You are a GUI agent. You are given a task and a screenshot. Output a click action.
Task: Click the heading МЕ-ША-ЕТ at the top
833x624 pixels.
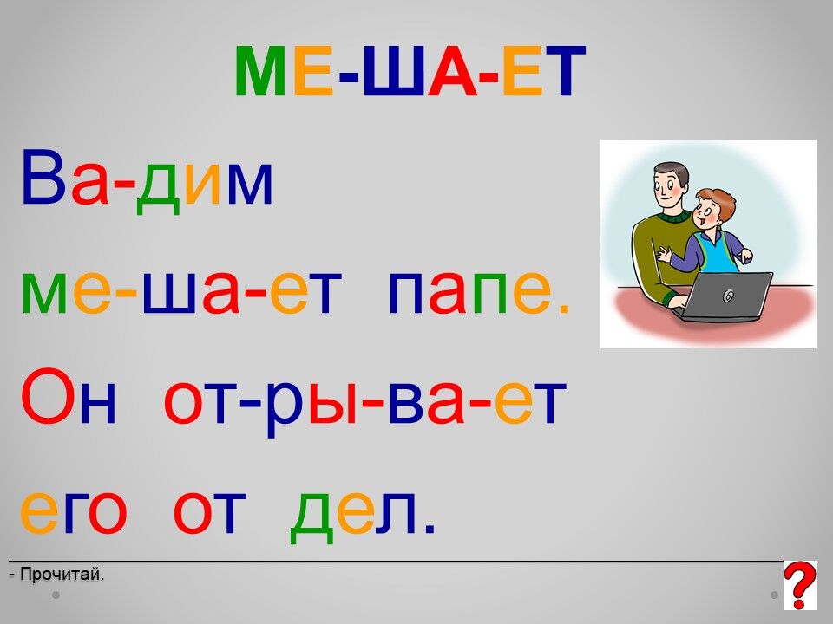click(410, 70)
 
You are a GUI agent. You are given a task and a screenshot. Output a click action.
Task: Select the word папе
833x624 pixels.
click(479, 292)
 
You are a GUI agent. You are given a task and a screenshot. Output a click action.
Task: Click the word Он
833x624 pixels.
click(68, 395)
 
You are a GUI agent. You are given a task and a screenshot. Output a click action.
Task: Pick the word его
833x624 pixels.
click(73, 512)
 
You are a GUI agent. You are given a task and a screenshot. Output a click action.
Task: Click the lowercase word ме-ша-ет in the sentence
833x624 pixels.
click(181, 292)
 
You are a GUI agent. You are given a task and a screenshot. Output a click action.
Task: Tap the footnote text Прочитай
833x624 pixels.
click(57, 574)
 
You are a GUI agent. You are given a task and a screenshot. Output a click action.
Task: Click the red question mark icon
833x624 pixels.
click(799, 585)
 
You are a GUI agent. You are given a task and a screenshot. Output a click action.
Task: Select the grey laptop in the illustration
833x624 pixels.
click(724, 296)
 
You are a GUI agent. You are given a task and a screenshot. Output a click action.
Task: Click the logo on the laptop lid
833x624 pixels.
click(729, 296)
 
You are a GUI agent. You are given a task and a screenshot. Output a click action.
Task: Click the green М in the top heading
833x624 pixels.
click(261, 71)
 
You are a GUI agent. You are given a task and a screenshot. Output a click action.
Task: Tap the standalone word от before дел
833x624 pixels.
click(210, 512)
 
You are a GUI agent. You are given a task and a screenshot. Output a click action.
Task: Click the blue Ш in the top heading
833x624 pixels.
click(394, 71)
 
